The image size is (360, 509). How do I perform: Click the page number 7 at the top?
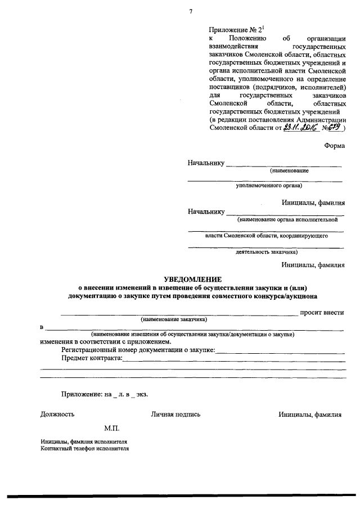pos(191,12)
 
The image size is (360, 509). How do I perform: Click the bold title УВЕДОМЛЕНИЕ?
pos(193,279)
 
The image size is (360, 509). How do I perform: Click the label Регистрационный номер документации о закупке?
pos(138,349)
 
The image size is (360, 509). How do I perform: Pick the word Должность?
pos(57,415)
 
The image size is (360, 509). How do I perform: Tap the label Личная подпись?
pos(175,415)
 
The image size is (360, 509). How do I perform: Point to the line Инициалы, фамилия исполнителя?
pos(84,442)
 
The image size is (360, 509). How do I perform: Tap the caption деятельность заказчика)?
pos(266,253)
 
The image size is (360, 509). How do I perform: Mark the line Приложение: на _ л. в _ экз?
pos(105,395)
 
